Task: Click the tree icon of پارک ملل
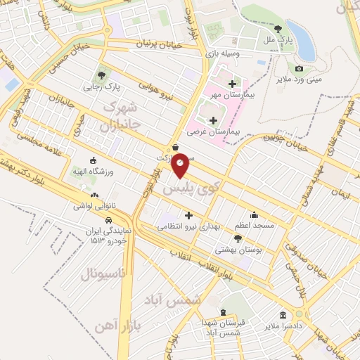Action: click(278, 30)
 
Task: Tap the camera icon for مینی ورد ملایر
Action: click(299, 68)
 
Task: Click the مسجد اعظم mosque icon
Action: click(254, 215)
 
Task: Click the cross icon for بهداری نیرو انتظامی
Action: click(188, 215)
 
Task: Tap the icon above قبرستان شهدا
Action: click(224, 312)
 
